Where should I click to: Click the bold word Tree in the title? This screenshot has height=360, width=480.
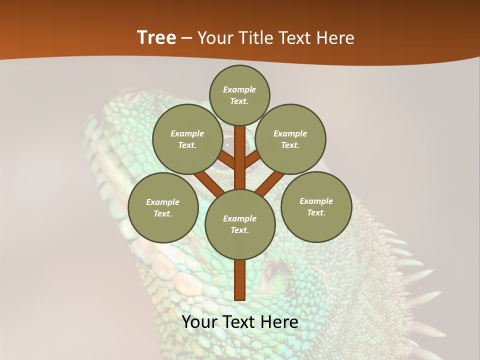tap(156, 37)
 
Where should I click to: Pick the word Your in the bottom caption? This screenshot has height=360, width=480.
tap(199, 322)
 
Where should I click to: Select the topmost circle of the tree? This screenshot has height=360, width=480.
tap(239, 95)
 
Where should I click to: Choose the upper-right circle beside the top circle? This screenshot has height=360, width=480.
tap(290, 139)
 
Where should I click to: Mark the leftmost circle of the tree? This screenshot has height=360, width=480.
tap(163, 207)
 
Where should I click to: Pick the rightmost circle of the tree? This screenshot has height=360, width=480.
tap(316, 206)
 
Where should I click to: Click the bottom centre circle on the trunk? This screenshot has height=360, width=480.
tap(240, 224)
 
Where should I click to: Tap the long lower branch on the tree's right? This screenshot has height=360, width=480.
tap(270, 182)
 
